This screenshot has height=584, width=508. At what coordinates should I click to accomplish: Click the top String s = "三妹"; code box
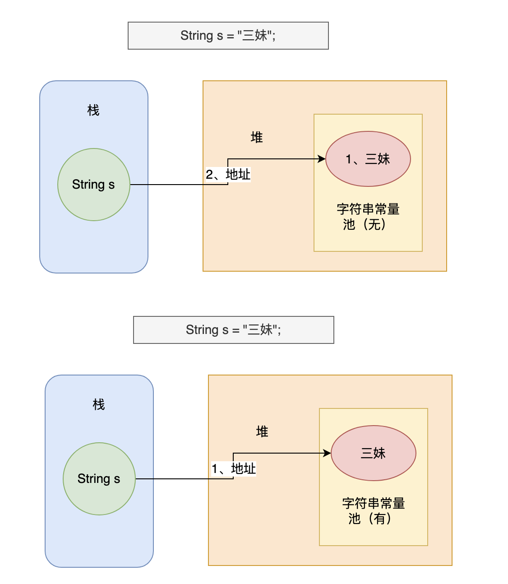[x=228, y=36]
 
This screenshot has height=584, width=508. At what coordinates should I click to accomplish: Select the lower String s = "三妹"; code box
[x=233, y=330]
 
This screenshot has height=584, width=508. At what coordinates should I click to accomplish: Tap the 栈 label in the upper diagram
[x=93, y=110]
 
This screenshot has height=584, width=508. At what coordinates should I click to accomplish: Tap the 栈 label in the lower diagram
[x=99, y=404]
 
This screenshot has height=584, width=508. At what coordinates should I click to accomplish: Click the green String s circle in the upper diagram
[x=94, y=185]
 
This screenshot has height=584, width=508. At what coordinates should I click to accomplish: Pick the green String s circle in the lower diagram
[x=99, y=479]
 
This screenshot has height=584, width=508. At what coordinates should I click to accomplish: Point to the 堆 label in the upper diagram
[x=257, y=137]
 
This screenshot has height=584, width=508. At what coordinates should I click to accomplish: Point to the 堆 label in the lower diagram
[x=262, y=431]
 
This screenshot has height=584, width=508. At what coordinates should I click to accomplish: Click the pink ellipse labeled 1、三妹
[x=368, y=159]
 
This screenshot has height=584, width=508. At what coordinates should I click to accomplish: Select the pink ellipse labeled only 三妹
[x=374, y=453]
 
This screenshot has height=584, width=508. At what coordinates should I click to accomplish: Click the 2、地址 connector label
[x=228, y=174]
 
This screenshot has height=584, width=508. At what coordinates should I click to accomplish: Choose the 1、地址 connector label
[x=233, y=468]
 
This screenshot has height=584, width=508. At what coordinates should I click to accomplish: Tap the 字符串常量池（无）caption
[x=368, y=217]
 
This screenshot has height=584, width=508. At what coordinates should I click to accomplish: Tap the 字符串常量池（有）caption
[x=373, y=511]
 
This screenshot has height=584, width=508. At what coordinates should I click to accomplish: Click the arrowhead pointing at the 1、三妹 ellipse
[x=322, y=159]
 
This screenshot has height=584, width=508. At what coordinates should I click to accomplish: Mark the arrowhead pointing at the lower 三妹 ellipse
[x=328, y=453]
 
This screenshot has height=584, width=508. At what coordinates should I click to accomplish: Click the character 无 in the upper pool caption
[x=374, y=224]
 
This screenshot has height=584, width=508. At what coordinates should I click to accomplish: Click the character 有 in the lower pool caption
[x=379, y=519]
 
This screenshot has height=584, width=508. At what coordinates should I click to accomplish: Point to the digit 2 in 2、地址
[x=209, y=175]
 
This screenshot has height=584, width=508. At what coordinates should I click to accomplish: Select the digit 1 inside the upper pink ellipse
[x=349, y=159]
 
